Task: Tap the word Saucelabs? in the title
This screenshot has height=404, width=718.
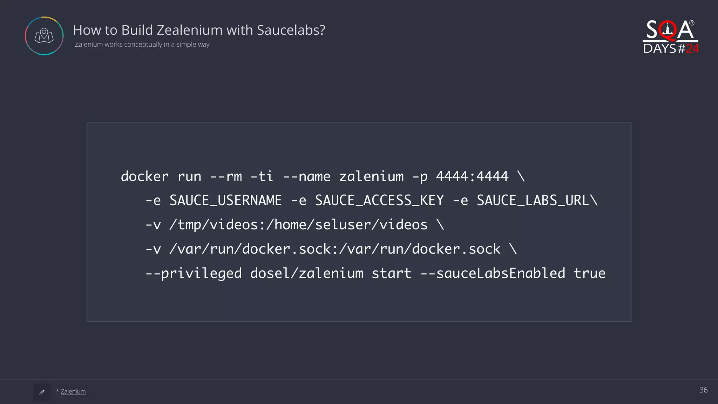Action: point(291,30)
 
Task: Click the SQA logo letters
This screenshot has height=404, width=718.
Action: point(670,30)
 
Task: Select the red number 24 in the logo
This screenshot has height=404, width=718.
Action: point(692,49)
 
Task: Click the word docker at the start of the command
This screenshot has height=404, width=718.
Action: point(144,176)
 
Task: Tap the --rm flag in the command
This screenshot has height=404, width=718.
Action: point(226,176)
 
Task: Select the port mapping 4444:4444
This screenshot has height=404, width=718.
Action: point(472,176)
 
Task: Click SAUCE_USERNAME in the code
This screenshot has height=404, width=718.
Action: point(225,201)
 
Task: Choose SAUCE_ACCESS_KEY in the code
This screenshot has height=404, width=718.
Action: point(379,201)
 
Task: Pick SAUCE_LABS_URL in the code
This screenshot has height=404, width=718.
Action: point(533,201)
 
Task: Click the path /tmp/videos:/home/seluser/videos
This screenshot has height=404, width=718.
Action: point(298,225)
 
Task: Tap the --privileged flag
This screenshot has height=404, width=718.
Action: point(194,274)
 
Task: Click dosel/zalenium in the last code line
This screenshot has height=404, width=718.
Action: point(307,274)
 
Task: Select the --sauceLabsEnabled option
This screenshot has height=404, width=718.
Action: point(493,274)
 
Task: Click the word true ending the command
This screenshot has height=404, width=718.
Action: point(589,274)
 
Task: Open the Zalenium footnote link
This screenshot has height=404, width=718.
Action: point(73,391)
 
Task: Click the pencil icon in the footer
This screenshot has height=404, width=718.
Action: point(42,392)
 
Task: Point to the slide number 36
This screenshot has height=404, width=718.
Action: point(703,390)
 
